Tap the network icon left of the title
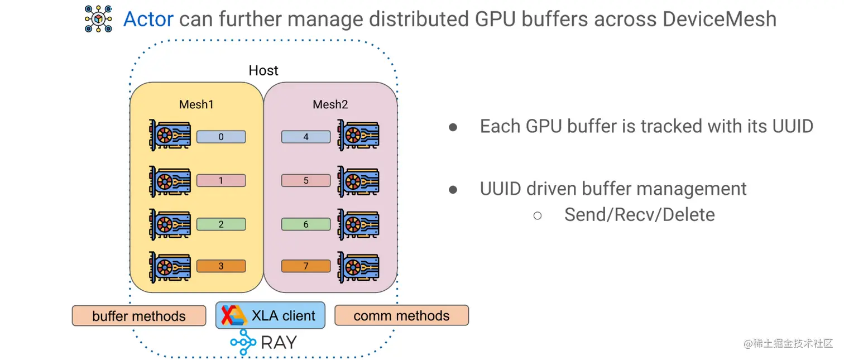(98, 18)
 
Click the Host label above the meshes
(263, 70)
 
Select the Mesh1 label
(196, 104)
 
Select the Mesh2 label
(330, 104)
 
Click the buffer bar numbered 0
(221, 137)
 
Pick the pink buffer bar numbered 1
(221, 181)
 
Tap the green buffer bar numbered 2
(221, 224)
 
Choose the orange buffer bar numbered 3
(221, 266)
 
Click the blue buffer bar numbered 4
(305, 137)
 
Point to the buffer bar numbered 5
(305, 181)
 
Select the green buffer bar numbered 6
(305, 224)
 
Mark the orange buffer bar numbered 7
(305, 266)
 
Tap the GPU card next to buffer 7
(358, 266)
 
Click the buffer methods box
(139, 316)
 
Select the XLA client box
(270, 315)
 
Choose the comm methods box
(401, 315)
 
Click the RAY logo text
(279, 342)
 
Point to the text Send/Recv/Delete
(639, 214)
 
